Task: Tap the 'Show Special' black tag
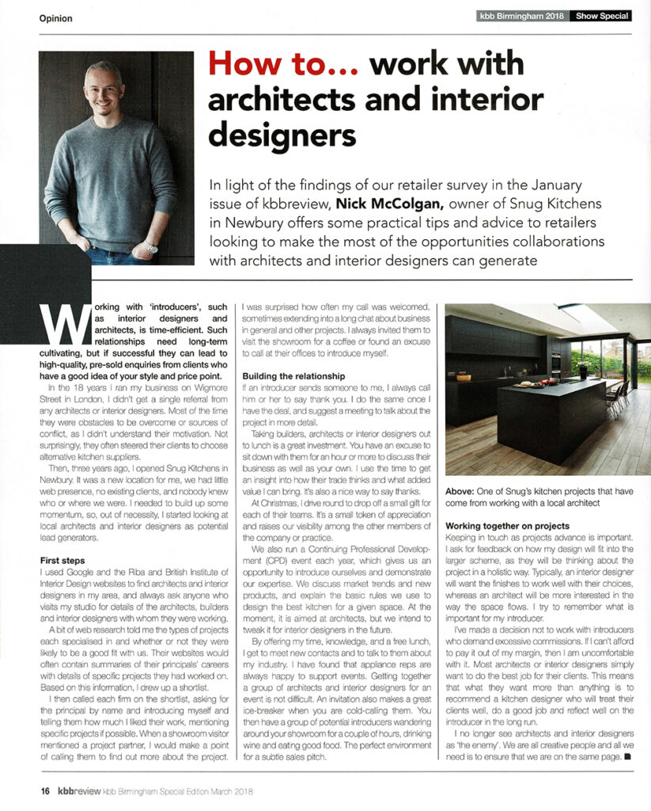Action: tap(602, 15)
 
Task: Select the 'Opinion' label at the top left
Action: tap(55, 18)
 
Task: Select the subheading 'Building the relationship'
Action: tap(293, 375)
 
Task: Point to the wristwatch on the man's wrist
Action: tap(150, 246)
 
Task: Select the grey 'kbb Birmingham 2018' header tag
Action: tap(523, 15)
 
